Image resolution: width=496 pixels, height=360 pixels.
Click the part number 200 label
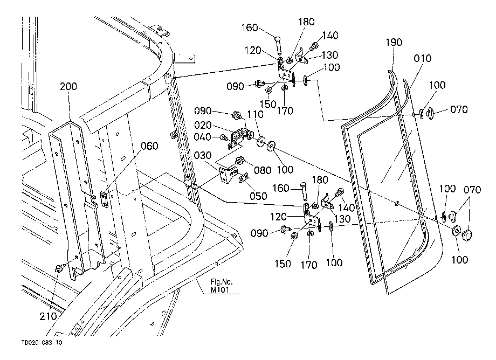68,86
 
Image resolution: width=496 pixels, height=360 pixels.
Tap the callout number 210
48,316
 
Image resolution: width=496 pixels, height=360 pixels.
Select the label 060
149,146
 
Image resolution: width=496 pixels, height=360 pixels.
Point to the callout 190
394,43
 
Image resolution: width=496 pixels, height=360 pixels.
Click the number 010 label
422,58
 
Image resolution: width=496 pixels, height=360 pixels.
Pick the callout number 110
255,114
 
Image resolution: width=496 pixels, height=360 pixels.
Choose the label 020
203,125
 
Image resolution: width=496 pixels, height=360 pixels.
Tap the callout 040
203,137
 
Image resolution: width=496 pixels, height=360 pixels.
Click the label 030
203,156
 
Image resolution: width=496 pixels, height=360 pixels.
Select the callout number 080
263,170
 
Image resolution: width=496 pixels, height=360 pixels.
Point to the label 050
258,196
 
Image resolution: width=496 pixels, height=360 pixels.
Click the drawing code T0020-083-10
42,343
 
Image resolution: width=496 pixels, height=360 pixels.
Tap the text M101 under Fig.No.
220,289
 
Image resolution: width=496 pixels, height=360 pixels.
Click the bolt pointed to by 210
59,268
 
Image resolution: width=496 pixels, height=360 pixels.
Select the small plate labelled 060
104,199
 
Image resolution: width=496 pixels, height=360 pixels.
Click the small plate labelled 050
244,178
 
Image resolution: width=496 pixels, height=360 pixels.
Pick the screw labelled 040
224,137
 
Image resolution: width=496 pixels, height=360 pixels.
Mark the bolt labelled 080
240,161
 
